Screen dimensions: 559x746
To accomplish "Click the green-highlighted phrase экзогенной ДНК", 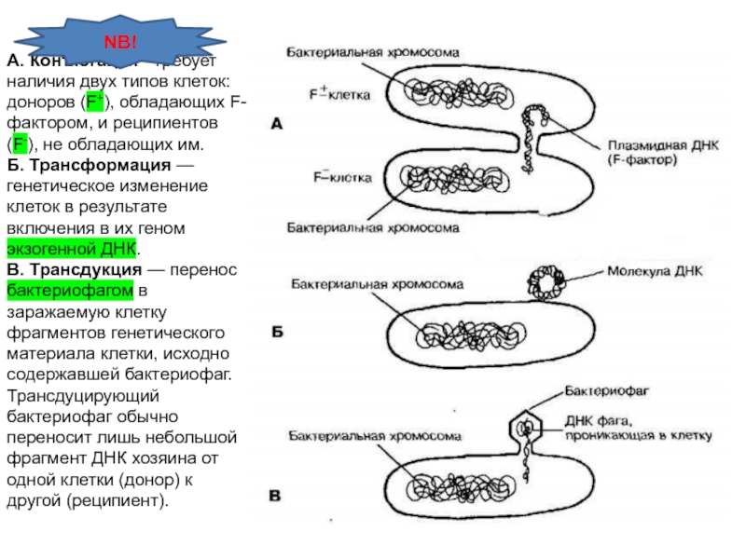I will tap(72, 250).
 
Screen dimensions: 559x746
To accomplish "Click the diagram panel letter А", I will tap(277, 122).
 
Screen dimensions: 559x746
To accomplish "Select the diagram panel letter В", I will tap(276, 495).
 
